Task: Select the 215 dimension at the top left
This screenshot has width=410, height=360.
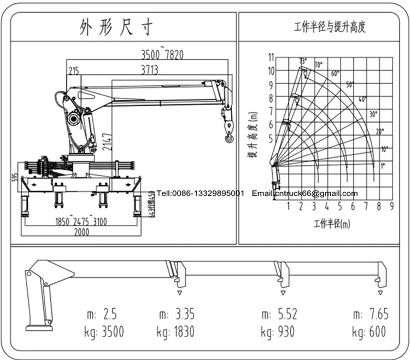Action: [73, 69]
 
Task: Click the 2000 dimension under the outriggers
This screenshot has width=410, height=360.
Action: [81, 232]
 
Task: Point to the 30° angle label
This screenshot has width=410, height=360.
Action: [373, 114]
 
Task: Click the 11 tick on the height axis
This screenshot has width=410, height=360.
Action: [271, 57]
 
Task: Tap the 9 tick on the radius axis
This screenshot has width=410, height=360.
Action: [392, 206]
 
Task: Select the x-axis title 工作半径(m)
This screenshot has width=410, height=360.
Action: [332, 223]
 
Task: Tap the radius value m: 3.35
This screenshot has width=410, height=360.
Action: [176, 314]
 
